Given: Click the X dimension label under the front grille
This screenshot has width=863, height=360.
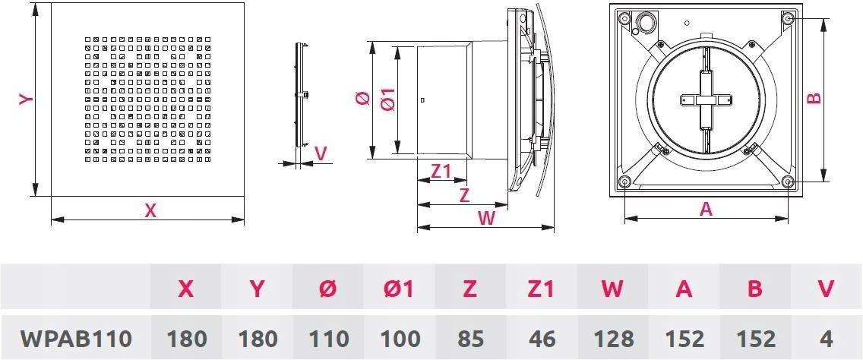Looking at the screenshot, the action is point(150,211).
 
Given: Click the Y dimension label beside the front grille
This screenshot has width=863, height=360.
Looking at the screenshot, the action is point(27,99).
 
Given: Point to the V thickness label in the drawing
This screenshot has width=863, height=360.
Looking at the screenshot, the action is point(321,153).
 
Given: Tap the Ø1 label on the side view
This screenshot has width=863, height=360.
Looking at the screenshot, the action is point(388,99).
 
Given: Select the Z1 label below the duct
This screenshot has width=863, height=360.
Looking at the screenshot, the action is point(441,172).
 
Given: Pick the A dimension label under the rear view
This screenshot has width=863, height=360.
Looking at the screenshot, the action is point(706,209).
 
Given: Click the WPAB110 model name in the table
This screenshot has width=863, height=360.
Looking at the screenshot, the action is point(76,339).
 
